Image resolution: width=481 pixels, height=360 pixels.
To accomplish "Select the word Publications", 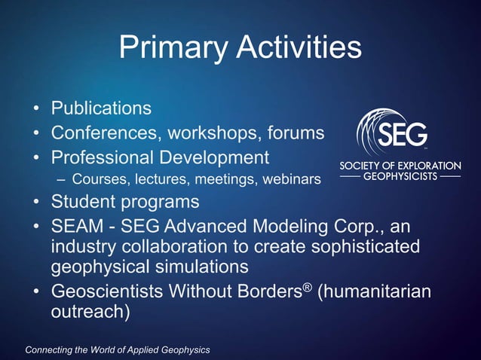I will click(x=101, y=108).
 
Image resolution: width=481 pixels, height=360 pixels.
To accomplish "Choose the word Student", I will click(x=84, y=202).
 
